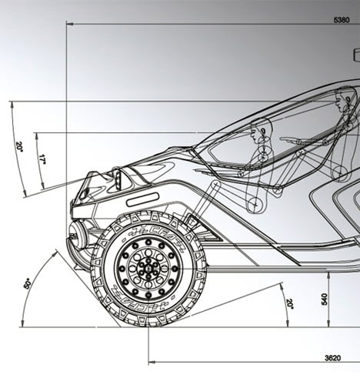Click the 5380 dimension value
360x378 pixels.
pyautogui.click(x=342, y=20)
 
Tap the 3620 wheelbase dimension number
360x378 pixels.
pyautogui.click(x=332, y=358)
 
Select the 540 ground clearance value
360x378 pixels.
pyautogui.click(x=324, y=299)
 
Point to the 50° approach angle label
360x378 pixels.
pyautogui.click(x=28, y=284)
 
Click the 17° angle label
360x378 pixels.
pyautogui.click(x=42, y=159)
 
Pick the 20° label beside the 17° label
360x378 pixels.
pyautogui.click(x=20, y=147)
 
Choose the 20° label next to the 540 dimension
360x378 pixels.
pyautogui.click(x=289, y=304)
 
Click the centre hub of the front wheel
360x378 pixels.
pyautogui.click(x=148, y=269)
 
